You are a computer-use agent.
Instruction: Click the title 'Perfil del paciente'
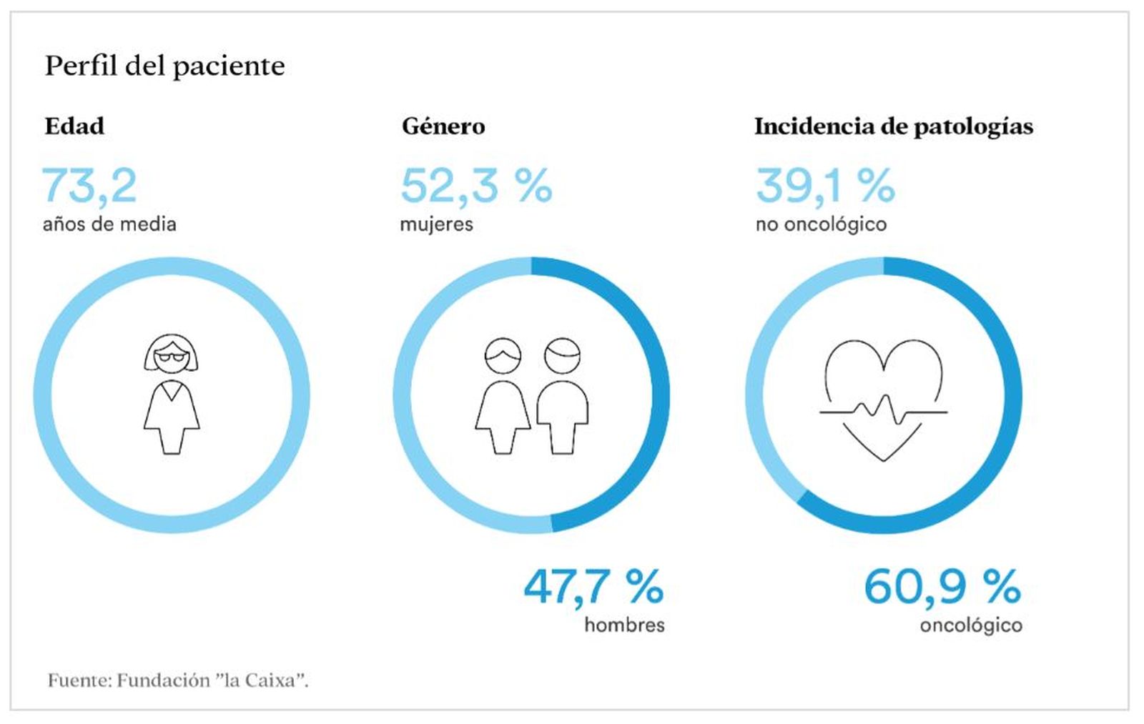164,66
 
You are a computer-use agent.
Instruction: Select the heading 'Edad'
74,127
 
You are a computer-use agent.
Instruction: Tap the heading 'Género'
443,127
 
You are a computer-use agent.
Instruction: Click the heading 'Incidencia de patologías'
893,127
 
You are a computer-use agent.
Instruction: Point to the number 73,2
89,185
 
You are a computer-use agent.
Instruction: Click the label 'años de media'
109,224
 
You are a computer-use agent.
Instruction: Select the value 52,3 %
476,185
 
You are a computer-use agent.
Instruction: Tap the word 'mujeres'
436,224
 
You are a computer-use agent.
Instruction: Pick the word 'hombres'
624,625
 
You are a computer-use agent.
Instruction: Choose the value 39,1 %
825,185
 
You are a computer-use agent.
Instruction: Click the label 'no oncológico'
821,224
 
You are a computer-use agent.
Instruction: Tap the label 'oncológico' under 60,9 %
970,625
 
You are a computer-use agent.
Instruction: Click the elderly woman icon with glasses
172,393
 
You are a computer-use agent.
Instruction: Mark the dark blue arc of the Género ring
660,393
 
